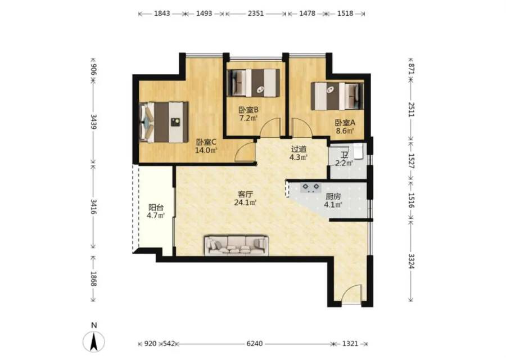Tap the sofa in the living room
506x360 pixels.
click(x=237, y=245)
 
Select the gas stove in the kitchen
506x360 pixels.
click(x=311, y=187)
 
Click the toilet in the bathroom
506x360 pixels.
click(x=359, y=152)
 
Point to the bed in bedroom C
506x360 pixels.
click(x=164, y=122)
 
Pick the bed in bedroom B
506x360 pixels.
click(x=254, y=83)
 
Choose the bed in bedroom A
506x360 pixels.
click(x=337, y=96)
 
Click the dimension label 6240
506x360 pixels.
click(x=255, y=344)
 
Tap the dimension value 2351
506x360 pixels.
click(x=256, y=13)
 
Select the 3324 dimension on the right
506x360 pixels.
click(x=411, y=261)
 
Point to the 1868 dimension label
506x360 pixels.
click(x=93, y=278)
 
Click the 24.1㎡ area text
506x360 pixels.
click(x=245, y=202)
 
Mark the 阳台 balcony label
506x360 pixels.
click(x=156, y=208)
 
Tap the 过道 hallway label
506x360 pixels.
click(x=299, y=149)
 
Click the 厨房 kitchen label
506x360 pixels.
click(x=333, y=196)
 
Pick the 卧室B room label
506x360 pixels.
click(x=249, y=110)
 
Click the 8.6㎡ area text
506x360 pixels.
click(x=345, y=130)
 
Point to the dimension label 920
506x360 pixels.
click(x=150, y=344)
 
